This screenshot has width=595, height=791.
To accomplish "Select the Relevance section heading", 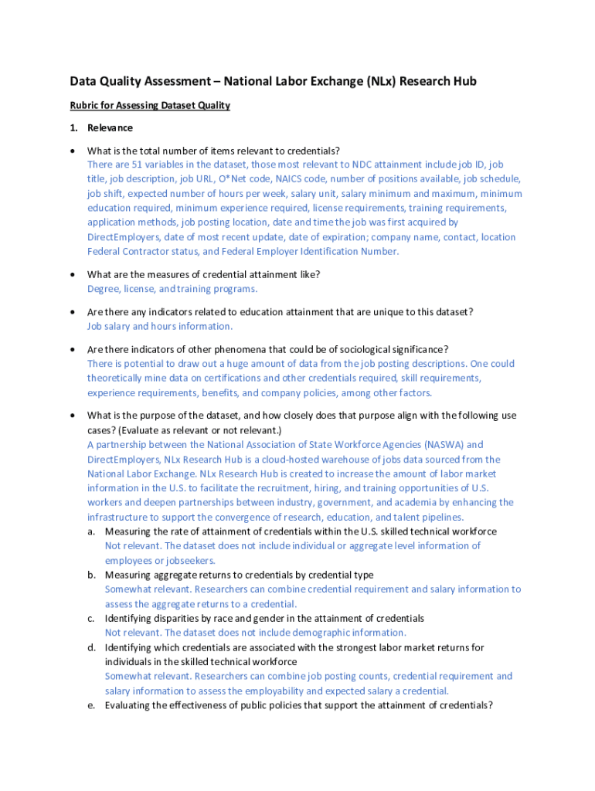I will [110, 127].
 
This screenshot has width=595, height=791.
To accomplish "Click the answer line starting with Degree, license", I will [172, 289].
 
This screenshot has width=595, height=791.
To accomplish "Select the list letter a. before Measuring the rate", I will [91, 532].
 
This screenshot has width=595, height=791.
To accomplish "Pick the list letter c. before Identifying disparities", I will [91, 619].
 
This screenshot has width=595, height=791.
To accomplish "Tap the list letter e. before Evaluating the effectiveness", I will [91, 706].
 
